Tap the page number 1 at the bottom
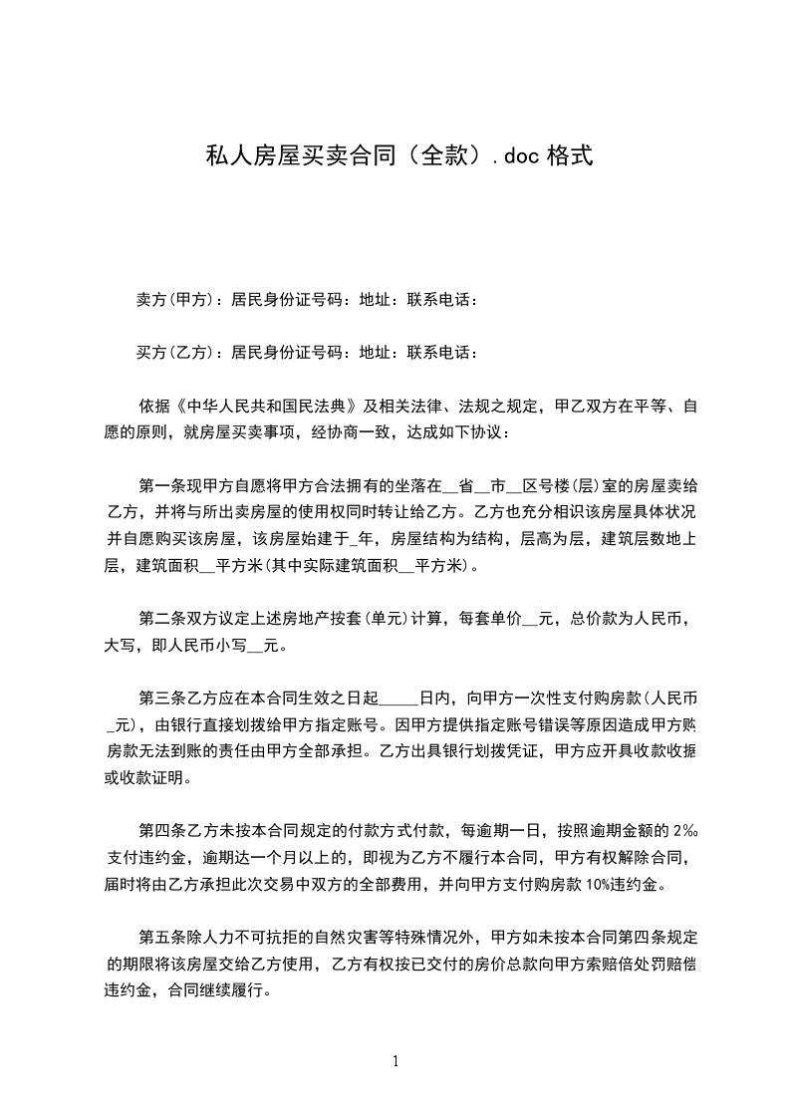[395, 1061]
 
